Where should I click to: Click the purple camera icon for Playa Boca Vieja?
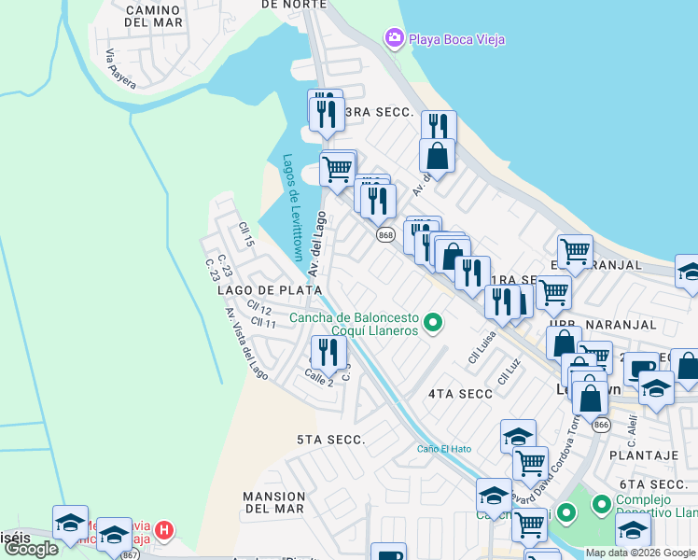click(394, 37)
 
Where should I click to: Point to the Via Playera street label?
click(120, 69)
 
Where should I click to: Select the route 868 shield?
click(385, 235)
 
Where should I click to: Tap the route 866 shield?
click(601, 425)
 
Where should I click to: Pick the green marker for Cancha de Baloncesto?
click(432, 324)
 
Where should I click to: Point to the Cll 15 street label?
click(246, 234)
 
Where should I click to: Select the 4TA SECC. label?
click(460, 394)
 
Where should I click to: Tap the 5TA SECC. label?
click(330, 439)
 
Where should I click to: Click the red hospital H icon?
click(164, 531)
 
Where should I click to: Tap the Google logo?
click(31, 549)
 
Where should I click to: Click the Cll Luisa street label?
click(481, 347)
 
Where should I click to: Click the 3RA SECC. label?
click(379, 112)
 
